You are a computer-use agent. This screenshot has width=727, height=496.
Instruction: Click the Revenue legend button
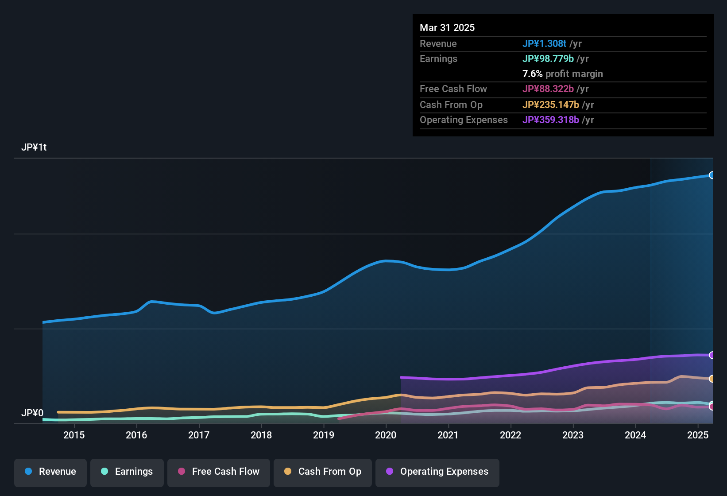pyautogui.click(x=50, y=472)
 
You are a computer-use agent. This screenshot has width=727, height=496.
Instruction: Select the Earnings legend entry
pyautogui.click(x=127, y=472)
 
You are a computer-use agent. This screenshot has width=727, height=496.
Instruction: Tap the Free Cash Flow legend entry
pyautogui.click(x=219, y=472)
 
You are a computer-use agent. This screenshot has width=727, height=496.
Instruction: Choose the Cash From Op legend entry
pyautogui.click(x=323, y=472)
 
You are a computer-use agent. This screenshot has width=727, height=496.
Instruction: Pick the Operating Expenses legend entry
pyautogui.click(x=437, y=472)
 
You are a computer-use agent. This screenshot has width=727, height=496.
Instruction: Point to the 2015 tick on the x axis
pyautogui.click(x=74, y=435)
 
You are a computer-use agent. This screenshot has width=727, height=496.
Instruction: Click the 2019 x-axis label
pyautogui.click(x=324, y=435)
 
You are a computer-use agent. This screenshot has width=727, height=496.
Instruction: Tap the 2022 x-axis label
pyautogui.click(x=510, y=435)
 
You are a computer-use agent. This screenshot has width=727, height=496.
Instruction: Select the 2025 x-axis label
pyautogui.click(x=698, y=435)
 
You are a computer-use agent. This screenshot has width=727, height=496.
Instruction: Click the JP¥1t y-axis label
pyautogui.click(x=34, y=147)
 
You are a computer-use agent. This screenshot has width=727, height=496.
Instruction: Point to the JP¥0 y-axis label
pyautogui.click(x=32, y=413)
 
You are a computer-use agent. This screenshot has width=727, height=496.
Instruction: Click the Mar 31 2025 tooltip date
pyautogui.click(x=447, y=27)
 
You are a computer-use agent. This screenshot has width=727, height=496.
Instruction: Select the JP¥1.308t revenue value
pyautogui.click(x=544, y=43)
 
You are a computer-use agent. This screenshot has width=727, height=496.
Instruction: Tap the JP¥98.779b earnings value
pyautogui.click(x=548, y=58)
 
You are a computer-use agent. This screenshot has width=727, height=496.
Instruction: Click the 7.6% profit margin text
pyautogui.click(x=562, y=74)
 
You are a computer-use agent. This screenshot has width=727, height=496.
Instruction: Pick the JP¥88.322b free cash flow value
pyautogui.click(x=548, y=89)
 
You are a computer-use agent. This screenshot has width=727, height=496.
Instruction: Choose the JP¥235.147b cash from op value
pyautogui.click(x=550, y=105)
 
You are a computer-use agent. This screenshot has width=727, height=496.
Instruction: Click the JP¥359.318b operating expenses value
pyautogui.click(x=550, y=120)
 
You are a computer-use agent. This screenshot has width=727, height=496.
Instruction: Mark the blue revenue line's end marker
pyautogui.click(x=712, y=175)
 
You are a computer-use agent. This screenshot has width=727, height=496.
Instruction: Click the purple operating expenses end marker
pyautogui.click(x=712, y=355)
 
